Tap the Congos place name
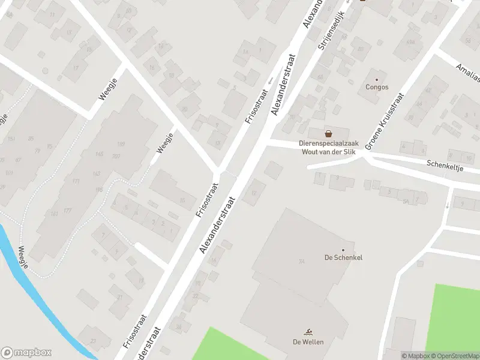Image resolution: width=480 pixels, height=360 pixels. pos(377,87)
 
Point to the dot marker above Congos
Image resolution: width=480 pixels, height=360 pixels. pos(377,79)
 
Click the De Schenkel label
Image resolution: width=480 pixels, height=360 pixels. pos(343,257)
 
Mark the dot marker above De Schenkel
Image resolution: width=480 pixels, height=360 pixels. pos(343,250)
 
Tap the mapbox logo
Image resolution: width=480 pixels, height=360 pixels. pos(26,352)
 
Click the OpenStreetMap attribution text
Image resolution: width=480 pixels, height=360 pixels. pos(454,356)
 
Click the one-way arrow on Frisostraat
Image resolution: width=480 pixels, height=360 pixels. pos(270,80)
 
